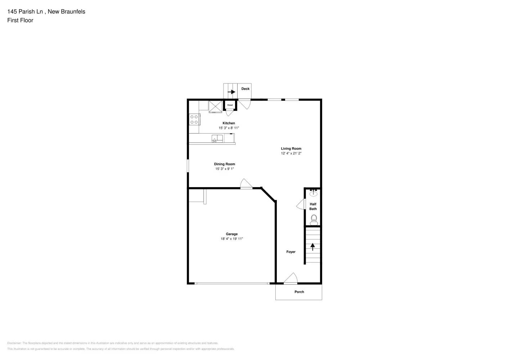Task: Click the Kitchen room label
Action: coord(229,123)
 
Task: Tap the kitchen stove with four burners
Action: coord(194,120)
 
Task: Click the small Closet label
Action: coord(230,105)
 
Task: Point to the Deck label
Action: coord(246,89)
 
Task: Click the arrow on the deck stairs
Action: coord(231,92)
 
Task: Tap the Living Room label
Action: coord(291,149)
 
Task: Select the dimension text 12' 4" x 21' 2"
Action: coord(291,153)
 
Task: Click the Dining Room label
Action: coord(225,164)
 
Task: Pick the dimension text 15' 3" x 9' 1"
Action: coord(225,169)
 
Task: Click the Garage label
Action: coord(232,234)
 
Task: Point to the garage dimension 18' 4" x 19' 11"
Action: coord(232,239)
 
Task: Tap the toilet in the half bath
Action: coord(314,219)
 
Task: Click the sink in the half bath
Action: coord(314,193)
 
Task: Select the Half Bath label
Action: coord(313,206)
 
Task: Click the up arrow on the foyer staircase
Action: coord(312,247)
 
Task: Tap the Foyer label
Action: coord(291,252)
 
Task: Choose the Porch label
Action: coord(299,292)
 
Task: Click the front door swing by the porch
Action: coord(291,279)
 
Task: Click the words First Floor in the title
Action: coord(20,21)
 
